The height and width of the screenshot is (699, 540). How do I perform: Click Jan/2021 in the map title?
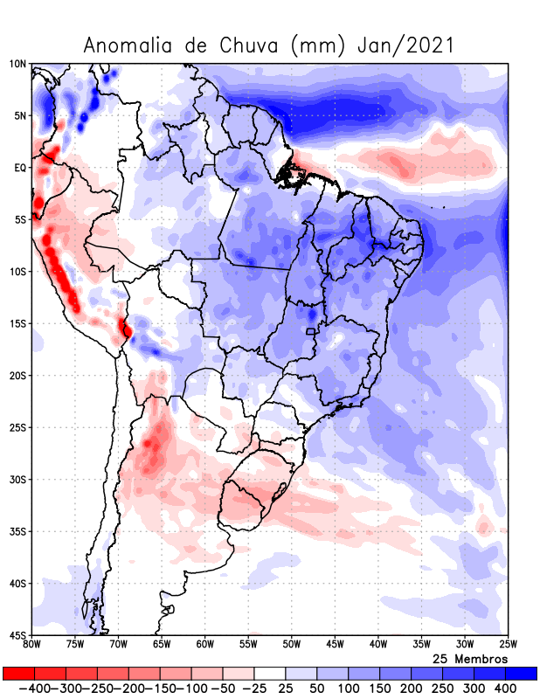click(405, 45)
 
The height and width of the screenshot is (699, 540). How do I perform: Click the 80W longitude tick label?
click(32, 645)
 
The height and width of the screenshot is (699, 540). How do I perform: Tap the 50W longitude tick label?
click(292, 645)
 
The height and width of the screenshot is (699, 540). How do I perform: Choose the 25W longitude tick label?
click(508, 645)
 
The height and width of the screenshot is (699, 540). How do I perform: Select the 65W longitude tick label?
click(162, 645)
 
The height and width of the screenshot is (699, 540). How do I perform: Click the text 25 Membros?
click(470, 659)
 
